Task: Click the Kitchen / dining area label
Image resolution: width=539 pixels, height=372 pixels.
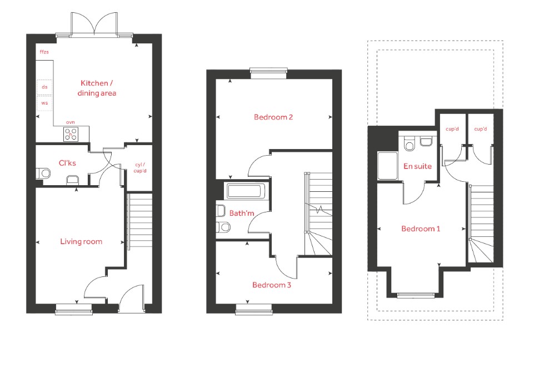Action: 97,88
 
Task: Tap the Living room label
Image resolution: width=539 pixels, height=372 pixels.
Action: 81,241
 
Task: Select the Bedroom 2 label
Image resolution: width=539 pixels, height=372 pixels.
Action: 273,117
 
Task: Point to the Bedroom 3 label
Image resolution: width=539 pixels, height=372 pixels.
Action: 272,285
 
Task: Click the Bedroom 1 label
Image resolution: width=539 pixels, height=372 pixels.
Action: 421,229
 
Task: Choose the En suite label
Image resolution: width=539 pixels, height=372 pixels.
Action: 417,166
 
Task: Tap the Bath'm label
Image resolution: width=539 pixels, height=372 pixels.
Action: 242,214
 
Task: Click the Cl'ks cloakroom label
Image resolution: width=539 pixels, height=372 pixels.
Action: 67,163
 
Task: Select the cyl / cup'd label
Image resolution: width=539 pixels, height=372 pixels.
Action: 140,168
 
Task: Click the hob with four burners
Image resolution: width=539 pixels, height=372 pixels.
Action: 71,134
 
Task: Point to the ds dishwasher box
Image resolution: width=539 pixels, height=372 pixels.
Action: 44,87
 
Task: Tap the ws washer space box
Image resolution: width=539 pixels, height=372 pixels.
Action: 44,103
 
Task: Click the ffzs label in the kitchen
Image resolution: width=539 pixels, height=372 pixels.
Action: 44,52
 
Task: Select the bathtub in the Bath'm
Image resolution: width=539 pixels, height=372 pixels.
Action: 244,191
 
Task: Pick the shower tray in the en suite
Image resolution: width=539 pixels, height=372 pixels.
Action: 387,166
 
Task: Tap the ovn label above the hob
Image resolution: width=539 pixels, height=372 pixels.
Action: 70,122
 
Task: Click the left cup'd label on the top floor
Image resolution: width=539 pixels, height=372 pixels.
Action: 452,129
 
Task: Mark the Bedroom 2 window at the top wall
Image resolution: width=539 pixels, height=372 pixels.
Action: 268,71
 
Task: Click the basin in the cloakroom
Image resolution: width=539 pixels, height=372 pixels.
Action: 73,180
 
